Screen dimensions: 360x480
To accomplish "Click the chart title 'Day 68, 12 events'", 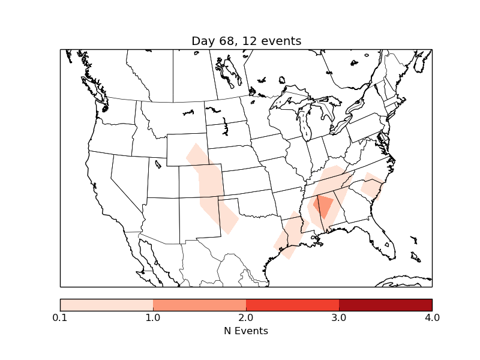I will (246, 41).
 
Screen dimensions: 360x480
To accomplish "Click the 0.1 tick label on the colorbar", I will (60, 317).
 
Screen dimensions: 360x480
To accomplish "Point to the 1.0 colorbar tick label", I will (153, 317).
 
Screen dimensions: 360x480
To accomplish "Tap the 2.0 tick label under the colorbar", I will (246, 317).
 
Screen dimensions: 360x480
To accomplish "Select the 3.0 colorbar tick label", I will (339, 317).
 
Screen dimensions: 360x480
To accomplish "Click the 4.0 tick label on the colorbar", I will (432, 317).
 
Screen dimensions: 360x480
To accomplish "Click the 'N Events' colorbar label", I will (246, 331).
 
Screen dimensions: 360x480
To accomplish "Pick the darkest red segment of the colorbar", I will (385, 304).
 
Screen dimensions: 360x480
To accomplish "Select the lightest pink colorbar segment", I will (107, 304).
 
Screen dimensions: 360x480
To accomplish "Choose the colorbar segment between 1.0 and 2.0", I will (199, 304).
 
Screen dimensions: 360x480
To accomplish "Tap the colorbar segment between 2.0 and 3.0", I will (292, 304).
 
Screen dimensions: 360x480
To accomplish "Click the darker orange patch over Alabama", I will (324, 206).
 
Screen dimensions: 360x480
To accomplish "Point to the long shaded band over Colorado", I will (210, 186).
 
